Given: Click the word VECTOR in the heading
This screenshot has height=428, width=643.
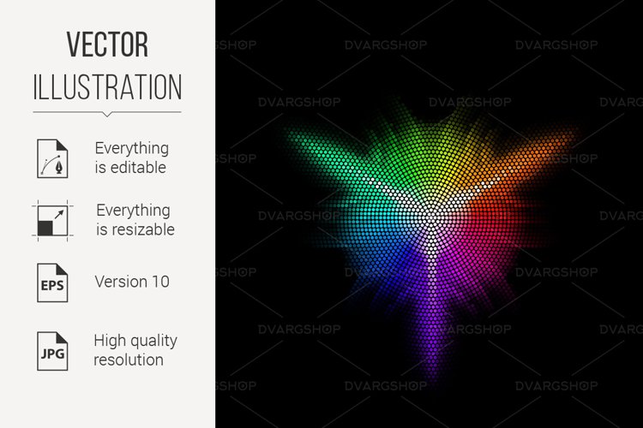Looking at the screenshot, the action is (x=107, y=45).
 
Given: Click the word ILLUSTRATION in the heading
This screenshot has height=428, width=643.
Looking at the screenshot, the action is (x=107, y=86).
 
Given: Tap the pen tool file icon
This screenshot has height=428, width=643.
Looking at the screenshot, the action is (x=52, y=158).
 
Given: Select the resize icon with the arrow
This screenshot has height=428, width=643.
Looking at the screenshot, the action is (x=52, y=221).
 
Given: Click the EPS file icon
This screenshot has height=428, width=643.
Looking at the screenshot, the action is (x=52, y=283).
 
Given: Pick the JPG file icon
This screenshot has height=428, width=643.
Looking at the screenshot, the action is (x=52, y=352).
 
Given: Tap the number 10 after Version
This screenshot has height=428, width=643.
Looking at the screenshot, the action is (x=161, y=282).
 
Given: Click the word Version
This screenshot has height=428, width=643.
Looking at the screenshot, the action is (x=122, y=282).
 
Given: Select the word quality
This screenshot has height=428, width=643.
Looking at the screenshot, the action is (x=153, y=342).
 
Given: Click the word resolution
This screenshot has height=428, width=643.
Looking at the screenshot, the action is (x=129, y=360).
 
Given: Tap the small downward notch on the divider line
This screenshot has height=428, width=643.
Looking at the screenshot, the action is (x=107, y=114).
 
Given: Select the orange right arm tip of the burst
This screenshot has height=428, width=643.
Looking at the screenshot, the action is (x=574, y=134).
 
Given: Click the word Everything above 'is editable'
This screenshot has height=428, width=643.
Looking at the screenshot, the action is (x=132, y=149).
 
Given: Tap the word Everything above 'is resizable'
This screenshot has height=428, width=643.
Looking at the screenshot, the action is (x=133, y=211).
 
